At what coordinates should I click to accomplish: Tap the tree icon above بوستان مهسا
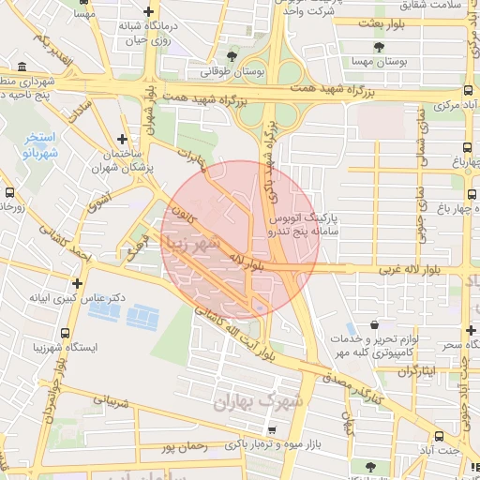(x=379, y=46)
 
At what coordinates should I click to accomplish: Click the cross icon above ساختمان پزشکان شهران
(x=123, y=137)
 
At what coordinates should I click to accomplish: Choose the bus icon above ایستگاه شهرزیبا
(x=65, y=332)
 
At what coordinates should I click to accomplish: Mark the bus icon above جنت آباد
(x=439, y=436)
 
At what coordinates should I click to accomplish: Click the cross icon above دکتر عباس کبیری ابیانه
(x=77, y=282)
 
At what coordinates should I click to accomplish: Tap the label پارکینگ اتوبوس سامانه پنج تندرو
(x=303, y=221)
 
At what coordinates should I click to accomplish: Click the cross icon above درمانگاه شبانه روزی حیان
(x=149, y=11)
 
